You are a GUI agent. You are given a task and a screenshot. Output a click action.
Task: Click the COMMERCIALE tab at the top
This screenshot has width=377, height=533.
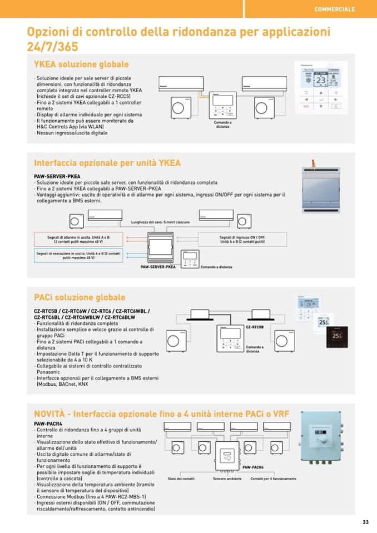pos(334,9)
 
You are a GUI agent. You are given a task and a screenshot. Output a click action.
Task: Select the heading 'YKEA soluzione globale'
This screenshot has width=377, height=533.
pos(81,64)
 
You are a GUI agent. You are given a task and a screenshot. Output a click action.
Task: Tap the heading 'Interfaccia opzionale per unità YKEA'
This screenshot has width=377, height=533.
pos(107,163)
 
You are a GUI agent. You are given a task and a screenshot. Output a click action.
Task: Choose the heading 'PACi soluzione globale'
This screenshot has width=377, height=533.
pos(80,297)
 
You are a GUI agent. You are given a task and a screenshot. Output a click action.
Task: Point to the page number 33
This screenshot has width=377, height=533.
pos(365,522)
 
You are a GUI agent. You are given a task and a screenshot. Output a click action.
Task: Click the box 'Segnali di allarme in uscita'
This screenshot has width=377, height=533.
pos(78,239)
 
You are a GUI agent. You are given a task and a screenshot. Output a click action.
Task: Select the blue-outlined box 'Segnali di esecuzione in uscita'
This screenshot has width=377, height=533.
pos(78,255)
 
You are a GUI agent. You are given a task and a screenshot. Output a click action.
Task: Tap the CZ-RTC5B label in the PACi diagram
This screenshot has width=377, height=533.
pos(254,328)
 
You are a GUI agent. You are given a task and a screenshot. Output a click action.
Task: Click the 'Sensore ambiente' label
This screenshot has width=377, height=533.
pos(227,479)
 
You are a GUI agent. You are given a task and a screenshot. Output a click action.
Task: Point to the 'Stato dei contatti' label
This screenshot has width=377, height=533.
pos(181,479)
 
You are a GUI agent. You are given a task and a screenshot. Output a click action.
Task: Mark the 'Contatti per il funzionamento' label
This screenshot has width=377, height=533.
pos(273,479)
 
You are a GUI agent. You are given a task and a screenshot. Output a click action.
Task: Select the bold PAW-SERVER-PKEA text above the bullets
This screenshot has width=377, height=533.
pos(57,176)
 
